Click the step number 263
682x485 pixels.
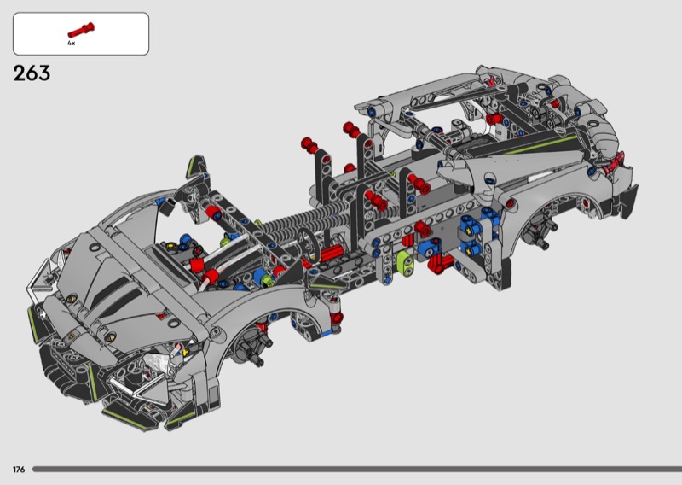pos(32,73)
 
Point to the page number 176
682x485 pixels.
pos(19,470)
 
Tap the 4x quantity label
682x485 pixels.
pos(71,44)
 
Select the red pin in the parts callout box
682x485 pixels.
pos(81,30)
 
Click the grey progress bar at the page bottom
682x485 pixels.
pos(357,470)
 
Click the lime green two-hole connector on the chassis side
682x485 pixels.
pos(406,262)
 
